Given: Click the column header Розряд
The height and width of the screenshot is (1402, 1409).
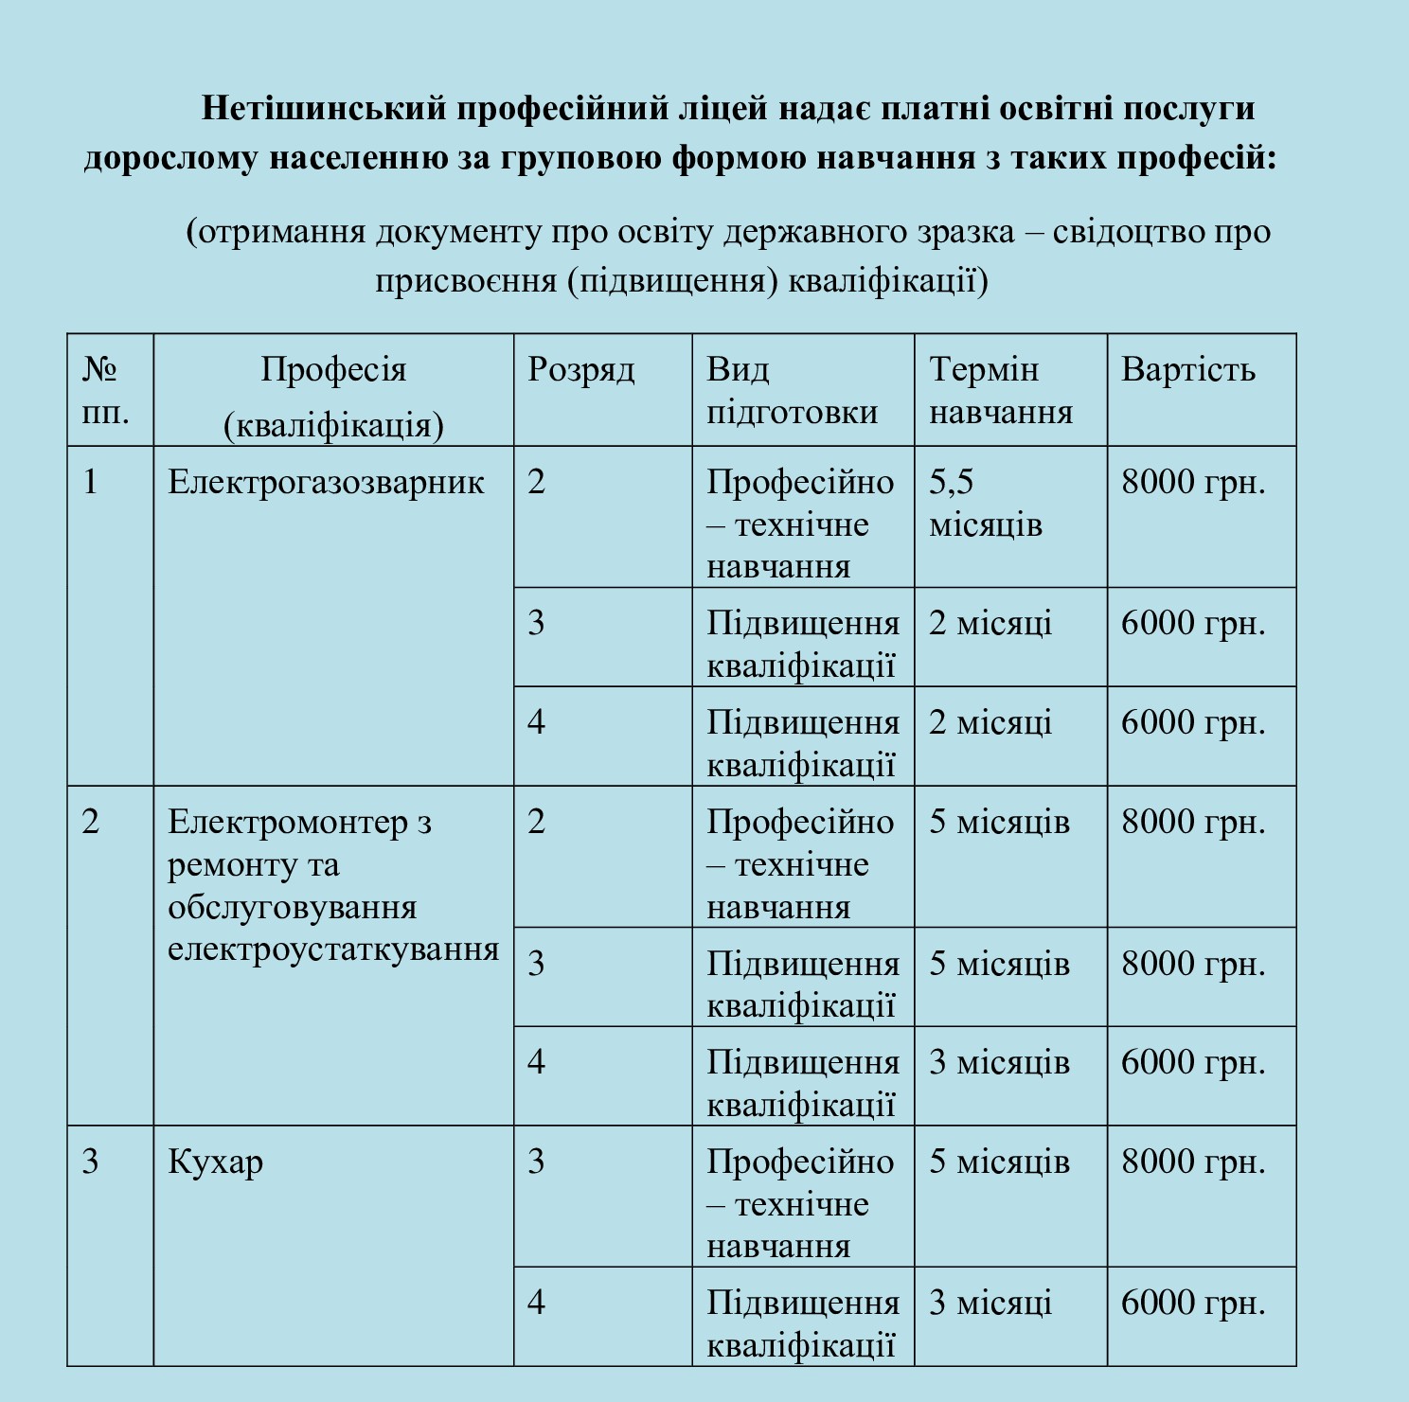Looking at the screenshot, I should (x=580, y=369).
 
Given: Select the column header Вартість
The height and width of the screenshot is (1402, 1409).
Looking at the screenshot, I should (x=1188, y=369).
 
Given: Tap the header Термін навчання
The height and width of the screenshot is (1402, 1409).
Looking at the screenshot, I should (x=1001, y=390).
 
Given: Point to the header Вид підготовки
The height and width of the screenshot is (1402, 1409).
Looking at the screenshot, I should (x=792, y=390).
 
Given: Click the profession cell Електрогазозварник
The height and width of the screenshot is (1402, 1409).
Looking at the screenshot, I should (x=326, y=483).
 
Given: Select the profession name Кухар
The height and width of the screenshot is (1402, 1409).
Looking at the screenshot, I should (x=215, y=1162).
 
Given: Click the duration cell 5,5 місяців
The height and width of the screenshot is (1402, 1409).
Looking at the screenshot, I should (x=985, y=503).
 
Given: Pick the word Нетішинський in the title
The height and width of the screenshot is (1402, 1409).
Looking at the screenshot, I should (x=323, y=108).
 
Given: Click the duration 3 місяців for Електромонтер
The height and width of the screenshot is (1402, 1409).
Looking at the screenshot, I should (x=999, y=1062).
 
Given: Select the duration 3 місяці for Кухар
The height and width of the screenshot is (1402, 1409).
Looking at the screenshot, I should (x=990, y=1303).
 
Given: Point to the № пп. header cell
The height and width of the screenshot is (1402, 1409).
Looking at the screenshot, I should (x=105, y=390).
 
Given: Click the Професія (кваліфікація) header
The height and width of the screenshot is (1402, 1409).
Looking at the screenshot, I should (x=333, y=396).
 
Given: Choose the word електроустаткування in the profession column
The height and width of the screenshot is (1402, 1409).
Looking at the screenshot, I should (x=333, y=949).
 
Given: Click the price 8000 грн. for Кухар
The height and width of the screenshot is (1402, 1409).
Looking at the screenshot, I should (x=1193, y=1162).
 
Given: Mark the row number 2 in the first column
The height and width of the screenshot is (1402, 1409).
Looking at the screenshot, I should (x=91, y=822).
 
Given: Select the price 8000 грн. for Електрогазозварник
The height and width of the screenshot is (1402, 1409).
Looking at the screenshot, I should (x=1193, y=483).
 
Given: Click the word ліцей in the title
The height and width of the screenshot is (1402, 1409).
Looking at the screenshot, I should (x=721, y=108).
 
